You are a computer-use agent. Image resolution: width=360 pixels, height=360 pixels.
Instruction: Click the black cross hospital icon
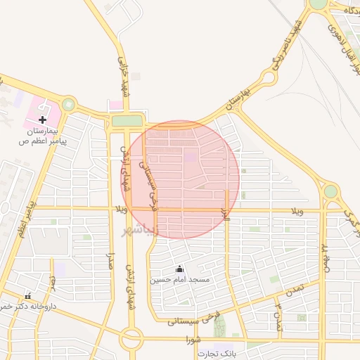click(42, 120)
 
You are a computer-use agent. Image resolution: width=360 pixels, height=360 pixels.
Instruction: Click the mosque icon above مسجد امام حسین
click(179, 269)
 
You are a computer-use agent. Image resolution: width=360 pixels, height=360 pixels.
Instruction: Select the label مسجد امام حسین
click(179, 280)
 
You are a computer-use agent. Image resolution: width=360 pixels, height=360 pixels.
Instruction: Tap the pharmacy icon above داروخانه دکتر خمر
click(28, 296)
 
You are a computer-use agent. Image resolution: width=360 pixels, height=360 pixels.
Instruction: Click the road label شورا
click(193, 340)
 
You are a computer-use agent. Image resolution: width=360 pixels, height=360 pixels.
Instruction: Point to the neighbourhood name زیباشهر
click(141, 230)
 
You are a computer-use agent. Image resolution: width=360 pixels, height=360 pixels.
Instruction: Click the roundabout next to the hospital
click(68, 105)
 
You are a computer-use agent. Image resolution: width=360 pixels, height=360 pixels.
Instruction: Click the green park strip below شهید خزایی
click(127, 121)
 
